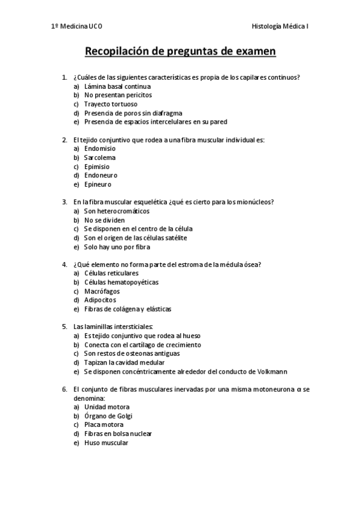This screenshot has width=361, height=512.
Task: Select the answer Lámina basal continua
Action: point(118,86)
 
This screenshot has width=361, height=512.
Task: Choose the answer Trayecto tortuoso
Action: point(111,104)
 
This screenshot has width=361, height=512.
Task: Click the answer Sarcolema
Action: point(100,158)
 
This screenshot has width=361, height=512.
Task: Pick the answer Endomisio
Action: point(100,149)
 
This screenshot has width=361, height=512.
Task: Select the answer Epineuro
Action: point(98,184)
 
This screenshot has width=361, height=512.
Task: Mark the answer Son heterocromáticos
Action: point(117,211)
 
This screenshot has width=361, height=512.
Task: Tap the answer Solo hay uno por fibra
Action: point(118,247)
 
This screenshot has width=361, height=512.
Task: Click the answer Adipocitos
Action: point(101,300)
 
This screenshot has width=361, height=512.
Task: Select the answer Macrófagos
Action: point(101,291)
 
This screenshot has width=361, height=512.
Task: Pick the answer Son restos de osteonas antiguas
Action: point(130,354)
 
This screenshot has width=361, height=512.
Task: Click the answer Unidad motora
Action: point(107,407)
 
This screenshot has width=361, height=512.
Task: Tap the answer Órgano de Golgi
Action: point(108,416)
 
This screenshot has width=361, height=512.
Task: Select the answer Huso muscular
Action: point(106,443)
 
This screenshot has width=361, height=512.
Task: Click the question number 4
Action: point(64,264)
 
